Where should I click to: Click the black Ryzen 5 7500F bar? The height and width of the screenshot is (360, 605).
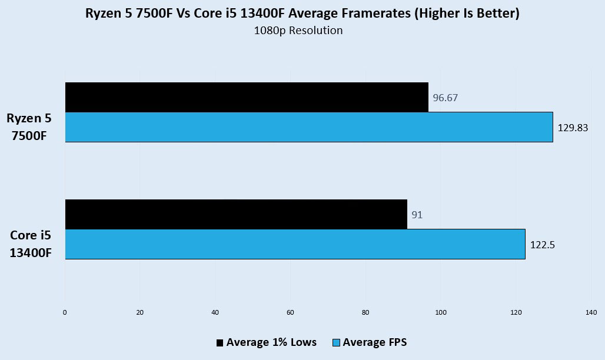[x=247, y=97]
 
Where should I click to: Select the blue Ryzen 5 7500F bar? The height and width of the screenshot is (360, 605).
[x=309, y=127]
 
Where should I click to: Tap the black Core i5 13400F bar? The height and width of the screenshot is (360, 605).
[x=236, y=214]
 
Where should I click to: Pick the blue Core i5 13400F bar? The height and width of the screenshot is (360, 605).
[x=295, y=244]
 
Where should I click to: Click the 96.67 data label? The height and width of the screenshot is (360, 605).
[x=446, y=98]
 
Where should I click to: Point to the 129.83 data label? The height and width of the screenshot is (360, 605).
[x=573, y=127]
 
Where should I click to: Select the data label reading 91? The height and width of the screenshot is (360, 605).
[x=417, y=215]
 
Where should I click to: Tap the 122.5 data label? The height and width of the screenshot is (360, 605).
[x=543, y=244]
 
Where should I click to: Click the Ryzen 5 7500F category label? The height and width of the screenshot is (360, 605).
[x=29, y=126]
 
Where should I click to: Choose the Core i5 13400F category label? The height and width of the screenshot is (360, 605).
[x=30, y=244]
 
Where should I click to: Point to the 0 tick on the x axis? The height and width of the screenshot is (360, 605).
[x=65, y=312]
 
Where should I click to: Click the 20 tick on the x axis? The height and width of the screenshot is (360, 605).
[x=140, y=312]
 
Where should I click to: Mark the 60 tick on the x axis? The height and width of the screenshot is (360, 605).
[x=290, y=312]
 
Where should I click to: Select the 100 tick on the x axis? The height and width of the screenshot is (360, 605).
[x=441, y=312]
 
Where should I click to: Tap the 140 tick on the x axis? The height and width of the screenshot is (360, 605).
[x=591, y=312]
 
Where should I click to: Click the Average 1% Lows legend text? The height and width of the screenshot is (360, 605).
[x=271, y=342]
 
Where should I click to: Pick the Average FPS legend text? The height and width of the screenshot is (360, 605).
[x=374, y=342]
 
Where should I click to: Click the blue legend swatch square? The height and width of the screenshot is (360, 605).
[x=337, y=342]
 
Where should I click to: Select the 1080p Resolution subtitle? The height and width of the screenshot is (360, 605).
[x=298, y=31]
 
